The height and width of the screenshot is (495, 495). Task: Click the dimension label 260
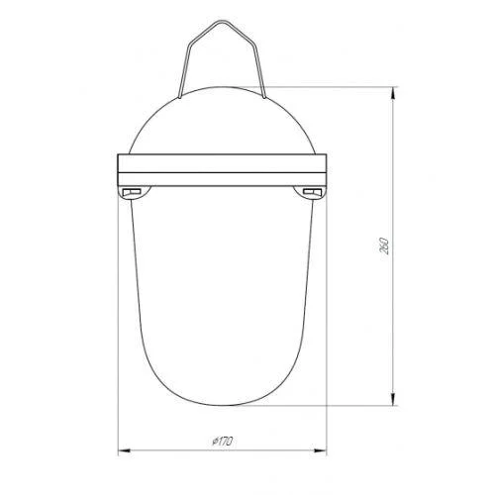click(385, 246)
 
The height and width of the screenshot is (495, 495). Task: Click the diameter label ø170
click(223, 442)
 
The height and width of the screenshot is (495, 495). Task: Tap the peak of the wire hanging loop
click(222, 21)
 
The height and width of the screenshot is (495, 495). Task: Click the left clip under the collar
click(132, 192)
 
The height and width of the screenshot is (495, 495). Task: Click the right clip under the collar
click(312, 192)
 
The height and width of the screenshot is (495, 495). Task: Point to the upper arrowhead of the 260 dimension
click(393, 93)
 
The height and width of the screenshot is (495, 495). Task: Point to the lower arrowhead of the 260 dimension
click(393, 399)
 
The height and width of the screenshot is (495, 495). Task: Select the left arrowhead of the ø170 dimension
click(125, 450)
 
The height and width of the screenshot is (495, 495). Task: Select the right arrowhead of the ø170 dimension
click(320, 450)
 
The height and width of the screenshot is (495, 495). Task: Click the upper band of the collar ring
click(222, 163)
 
